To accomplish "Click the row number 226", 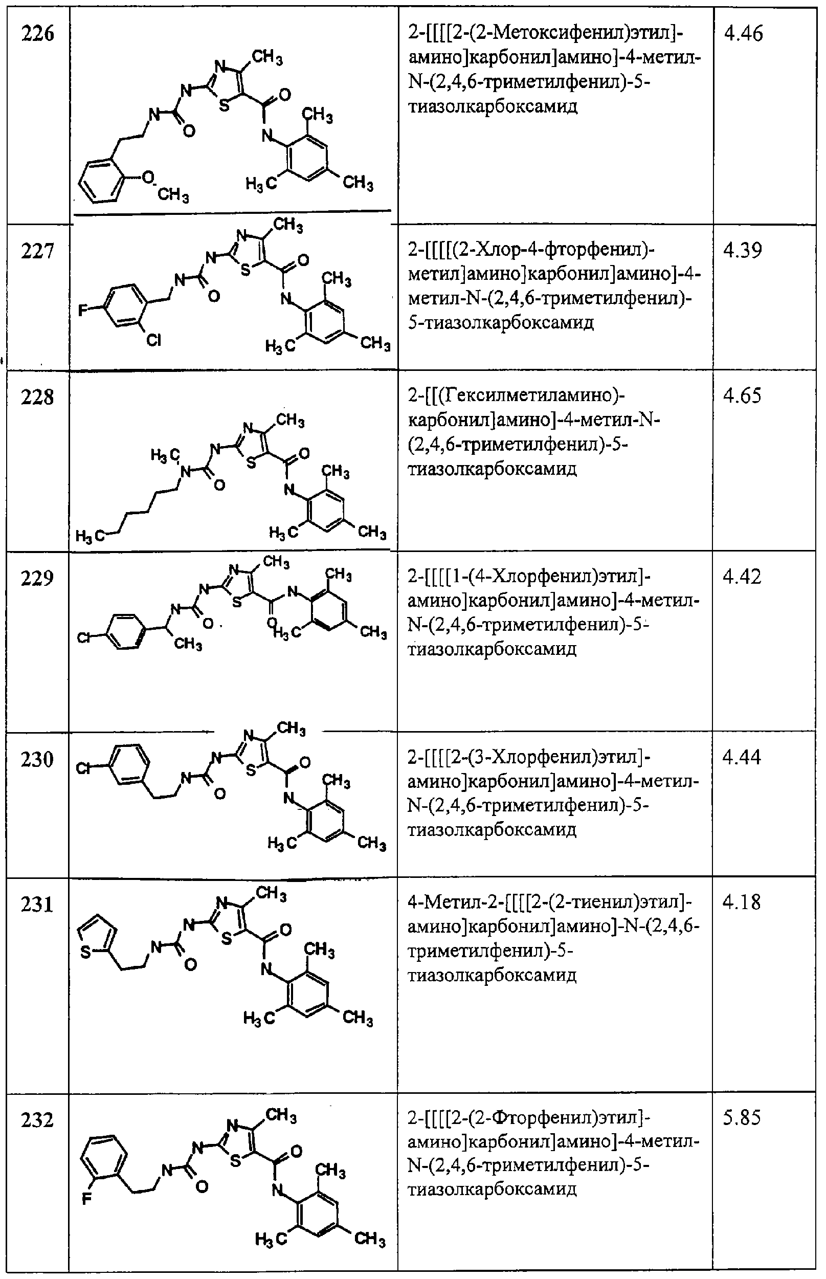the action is click(37, 34).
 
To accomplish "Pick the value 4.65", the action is click(742, 395).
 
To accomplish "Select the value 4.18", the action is click(742, 902).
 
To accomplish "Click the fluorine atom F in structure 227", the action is click(83, 310).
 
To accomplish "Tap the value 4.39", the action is click(742, 251).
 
